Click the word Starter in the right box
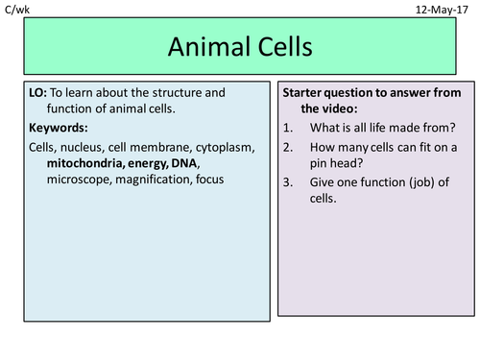pyautogui.click(x=305, y=93)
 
